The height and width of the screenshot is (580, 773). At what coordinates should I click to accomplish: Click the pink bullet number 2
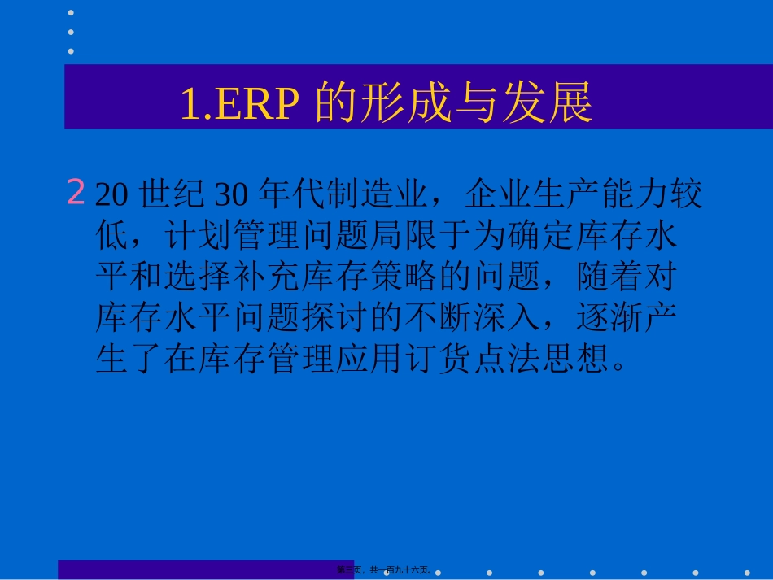tap(76, 194)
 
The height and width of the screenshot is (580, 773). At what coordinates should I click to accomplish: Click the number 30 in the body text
tap(230, 196)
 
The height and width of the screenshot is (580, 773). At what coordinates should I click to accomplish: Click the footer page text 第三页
tap(352, 570)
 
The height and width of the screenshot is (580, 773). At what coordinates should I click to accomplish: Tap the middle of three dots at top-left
tap(71, 32)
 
